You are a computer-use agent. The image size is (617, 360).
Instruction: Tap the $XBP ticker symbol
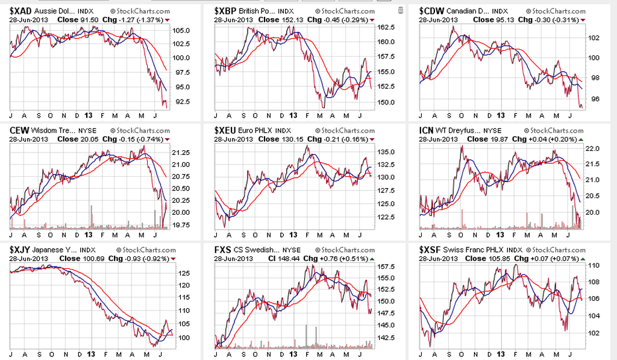[225, 11]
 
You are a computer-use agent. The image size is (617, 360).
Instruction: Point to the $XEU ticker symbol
[225, 130]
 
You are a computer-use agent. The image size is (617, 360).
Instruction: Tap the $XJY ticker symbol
[21, 249]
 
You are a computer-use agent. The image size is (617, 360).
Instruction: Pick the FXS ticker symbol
[222, 249]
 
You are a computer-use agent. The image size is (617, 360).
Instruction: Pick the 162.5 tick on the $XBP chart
[386, 27]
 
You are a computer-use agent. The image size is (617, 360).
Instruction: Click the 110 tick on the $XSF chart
[594, 265]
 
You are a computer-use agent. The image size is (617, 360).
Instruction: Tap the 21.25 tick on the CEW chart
[182, 153]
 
